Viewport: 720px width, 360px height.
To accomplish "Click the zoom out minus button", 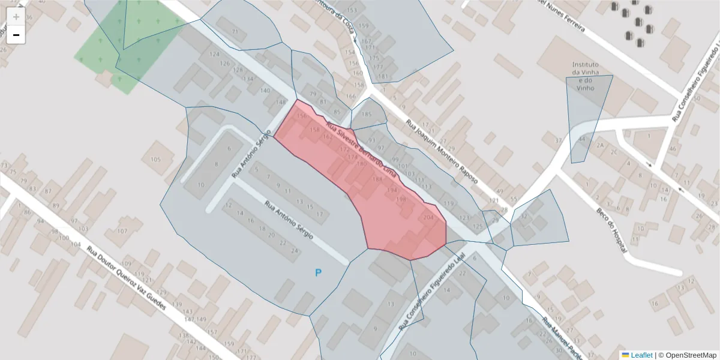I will [16, 35].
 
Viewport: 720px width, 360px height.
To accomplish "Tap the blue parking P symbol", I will [319, 273].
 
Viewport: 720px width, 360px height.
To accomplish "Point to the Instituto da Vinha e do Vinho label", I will [585, 76].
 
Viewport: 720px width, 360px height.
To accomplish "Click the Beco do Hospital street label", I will [611, 230].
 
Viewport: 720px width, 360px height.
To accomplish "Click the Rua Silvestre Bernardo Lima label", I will [361, 149].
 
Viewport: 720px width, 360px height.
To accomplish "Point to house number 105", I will [155, 159].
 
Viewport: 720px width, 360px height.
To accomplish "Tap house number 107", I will [122, 231].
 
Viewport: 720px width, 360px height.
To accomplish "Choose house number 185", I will [367, 114].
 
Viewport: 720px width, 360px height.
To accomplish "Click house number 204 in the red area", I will [428, 217].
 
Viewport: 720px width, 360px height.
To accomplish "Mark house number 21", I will [235, 31].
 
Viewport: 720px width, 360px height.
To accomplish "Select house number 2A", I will [600, 145].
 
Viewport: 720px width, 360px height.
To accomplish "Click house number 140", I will [265, 91].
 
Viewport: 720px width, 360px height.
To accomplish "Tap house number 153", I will [352, 11].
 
